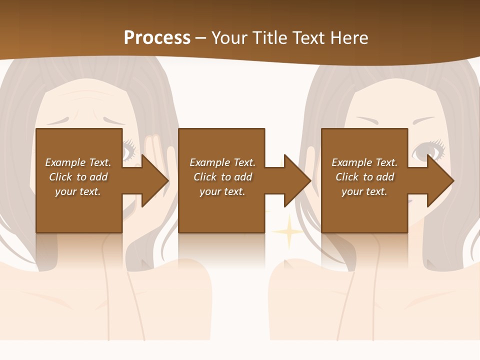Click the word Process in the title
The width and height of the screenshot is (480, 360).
pyautogui.click(x=157, y=37)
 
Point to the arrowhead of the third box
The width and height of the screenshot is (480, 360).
pyautogui.click(x=439, y=180)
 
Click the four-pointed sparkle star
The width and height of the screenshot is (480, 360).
pyautogui.click(x=287, y=231)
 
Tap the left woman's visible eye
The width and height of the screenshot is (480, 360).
pyautogui.click(x=129, y=148)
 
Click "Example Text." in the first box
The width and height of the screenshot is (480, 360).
pyautogui.click(x=78, y=162)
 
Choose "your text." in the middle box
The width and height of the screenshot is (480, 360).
pyautogui.click(x=222, y=191)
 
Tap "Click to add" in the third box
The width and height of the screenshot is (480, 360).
pyautogui.click(x=365, y=177)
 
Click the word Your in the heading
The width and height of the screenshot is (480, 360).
pyautogui.click(x=230, y=37)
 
